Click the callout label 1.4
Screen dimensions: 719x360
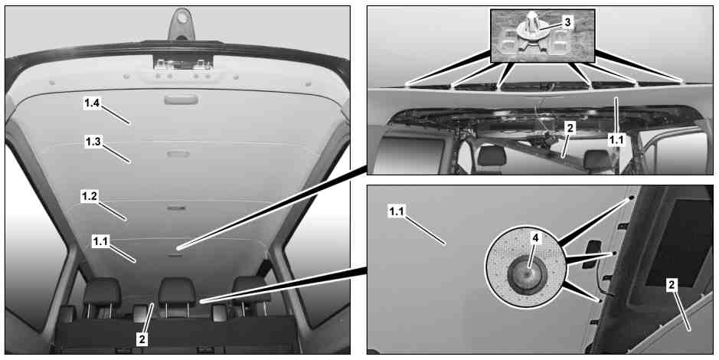coord(92,103)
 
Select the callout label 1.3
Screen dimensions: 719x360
coord(93,142)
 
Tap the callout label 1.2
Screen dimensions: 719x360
coord(89,197)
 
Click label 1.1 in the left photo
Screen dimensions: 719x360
coord(100,242)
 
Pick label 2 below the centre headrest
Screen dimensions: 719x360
coord(142,339)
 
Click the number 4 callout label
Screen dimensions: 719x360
coord(534,237)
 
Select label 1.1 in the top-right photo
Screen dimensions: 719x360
coord(616,139)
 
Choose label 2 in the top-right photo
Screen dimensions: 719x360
coord(569,129)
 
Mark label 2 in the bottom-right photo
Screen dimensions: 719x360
coord(672,285)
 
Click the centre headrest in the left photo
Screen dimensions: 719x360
coord(177,292)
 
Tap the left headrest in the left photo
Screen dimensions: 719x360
coord(102,292)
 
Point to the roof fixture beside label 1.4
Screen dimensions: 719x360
coord(181,99)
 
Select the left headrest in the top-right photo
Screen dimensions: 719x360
coord(492,156)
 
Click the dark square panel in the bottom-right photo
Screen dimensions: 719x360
coord(678,242)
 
